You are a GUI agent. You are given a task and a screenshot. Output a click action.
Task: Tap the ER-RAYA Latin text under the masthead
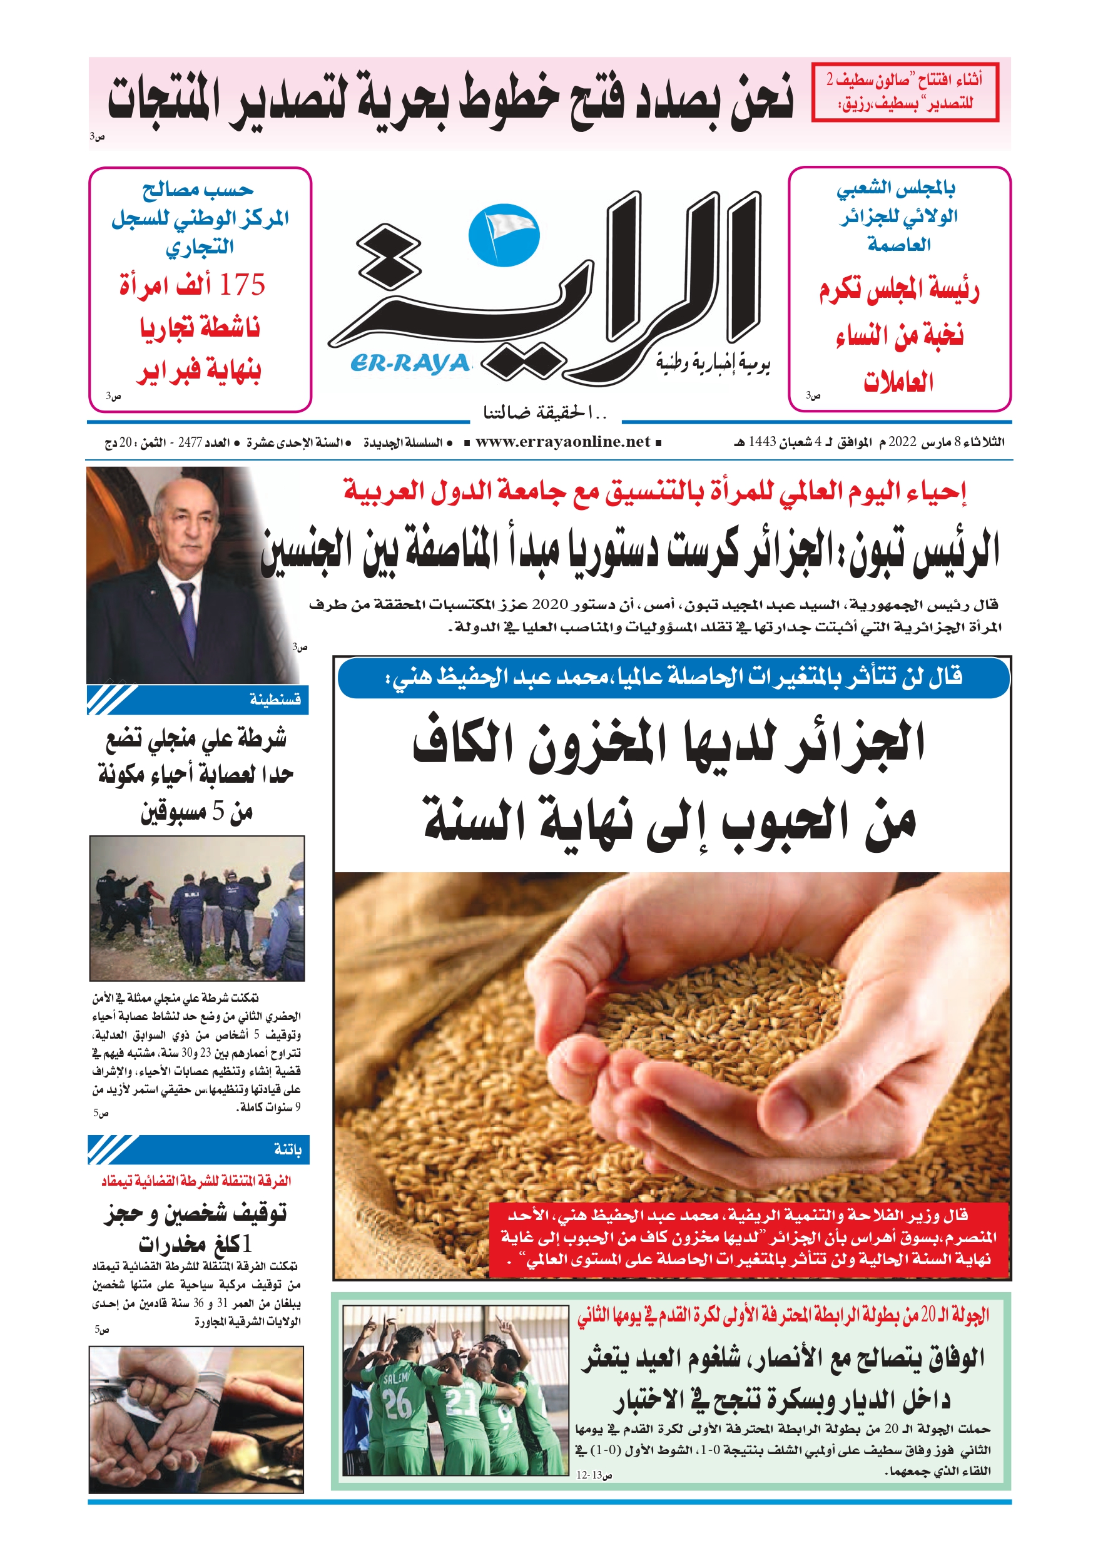click(x=410, y=364)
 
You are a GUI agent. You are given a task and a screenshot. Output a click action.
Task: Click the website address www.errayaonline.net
click(x=562, y=442)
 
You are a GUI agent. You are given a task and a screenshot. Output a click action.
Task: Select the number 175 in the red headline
click(x=241, y=285)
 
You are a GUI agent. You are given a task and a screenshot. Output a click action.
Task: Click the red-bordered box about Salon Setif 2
click(x=905, y=92)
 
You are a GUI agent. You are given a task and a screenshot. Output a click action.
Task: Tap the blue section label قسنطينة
click(x=275, y=699)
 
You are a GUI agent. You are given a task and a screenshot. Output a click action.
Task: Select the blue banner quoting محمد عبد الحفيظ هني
click(x=673, y=676)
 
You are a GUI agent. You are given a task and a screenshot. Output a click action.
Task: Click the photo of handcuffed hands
click(x=196, y=1418)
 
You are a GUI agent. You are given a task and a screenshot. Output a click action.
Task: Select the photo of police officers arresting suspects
click(x=196, y=908)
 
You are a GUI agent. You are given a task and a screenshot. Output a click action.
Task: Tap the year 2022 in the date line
click(x=902, y=442)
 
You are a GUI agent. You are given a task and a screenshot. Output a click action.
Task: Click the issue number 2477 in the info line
click(x=190, y=442)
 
